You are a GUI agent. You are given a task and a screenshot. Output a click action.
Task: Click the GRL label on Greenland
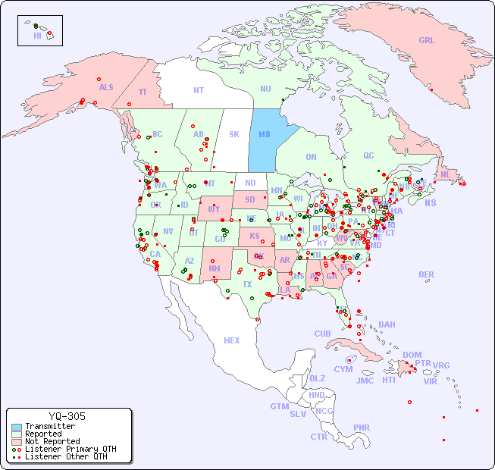(427, 40)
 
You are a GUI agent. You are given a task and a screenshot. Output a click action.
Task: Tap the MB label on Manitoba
(265, 134)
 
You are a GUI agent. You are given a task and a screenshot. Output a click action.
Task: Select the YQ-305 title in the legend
(67, 416)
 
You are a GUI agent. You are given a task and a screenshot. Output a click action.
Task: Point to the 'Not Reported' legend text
(52, 441)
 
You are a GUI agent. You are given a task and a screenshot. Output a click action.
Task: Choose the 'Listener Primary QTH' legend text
(70, 449)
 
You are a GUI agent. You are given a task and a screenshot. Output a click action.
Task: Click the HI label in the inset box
(37, 36)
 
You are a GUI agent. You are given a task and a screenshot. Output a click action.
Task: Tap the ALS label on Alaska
(106, 87)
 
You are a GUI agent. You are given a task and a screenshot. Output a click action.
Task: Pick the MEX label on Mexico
(232, 340)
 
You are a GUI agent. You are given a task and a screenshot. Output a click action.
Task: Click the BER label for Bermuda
(426, 274)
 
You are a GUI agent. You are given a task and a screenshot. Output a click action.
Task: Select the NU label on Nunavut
(265, 89)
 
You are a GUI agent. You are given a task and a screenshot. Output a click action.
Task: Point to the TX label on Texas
(247, 284)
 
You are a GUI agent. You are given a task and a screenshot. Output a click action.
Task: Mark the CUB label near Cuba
(322, 334)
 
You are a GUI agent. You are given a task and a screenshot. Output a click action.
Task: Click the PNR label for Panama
(362, 428)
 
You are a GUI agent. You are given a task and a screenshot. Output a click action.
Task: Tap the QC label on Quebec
(368, 155)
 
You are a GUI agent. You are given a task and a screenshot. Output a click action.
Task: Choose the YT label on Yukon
(143, 92)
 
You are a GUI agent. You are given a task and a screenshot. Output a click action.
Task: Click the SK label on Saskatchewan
(233, 134)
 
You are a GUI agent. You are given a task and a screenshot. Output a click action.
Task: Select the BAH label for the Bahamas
(387, 324)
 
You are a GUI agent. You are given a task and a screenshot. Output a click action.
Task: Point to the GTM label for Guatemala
(279, 406)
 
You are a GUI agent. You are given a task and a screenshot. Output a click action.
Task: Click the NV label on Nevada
(168, 231)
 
